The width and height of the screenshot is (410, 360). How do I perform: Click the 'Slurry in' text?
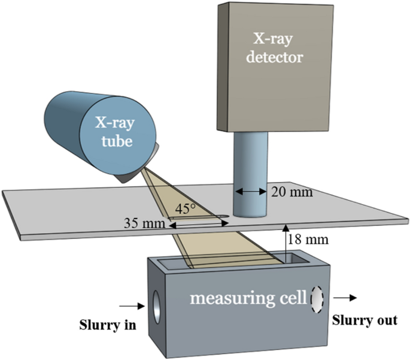coord(110,326)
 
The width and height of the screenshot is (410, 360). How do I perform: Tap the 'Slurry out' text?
coord(365,320)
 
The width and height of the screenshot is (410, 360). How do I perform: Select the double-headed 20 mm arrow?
coord(250,192)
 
